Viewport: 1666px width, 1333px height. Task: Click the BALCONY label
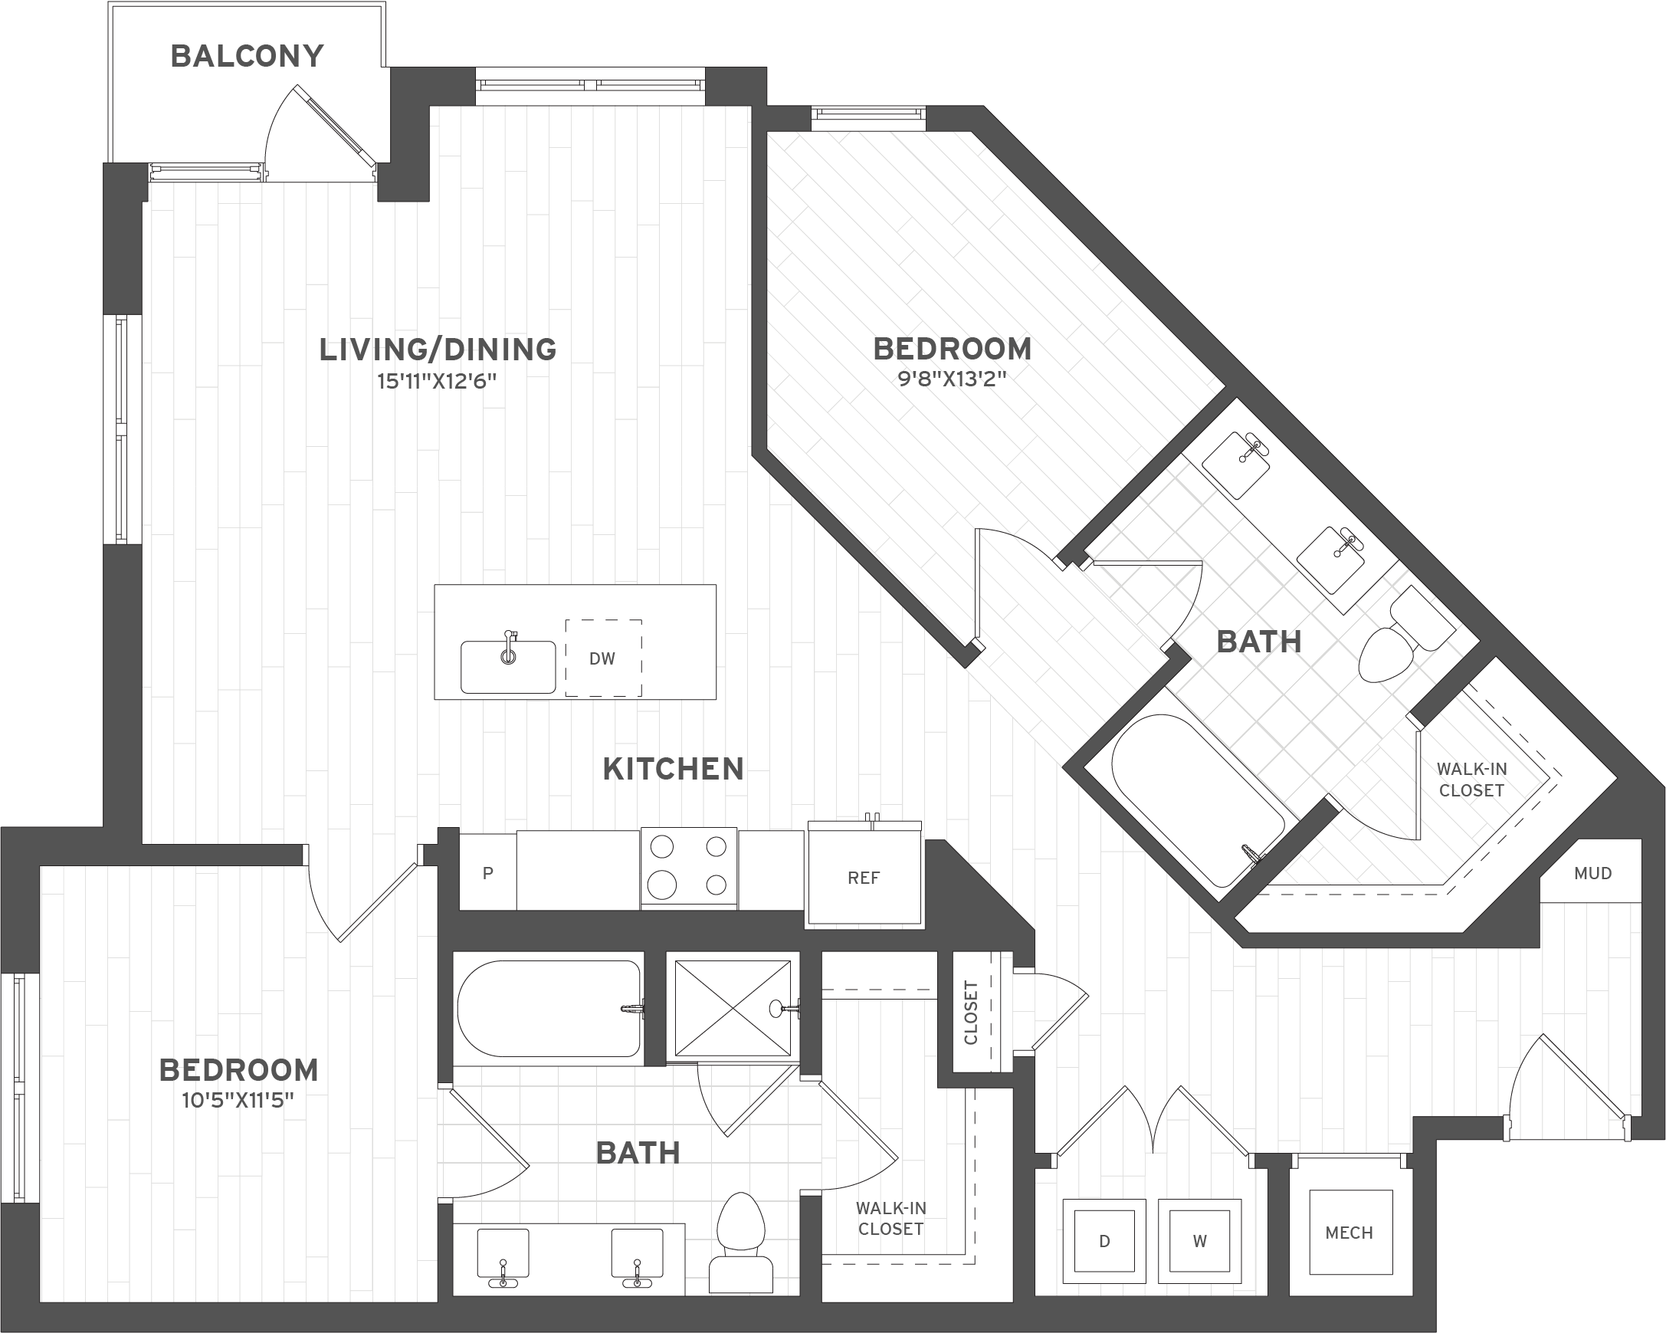[247, 57]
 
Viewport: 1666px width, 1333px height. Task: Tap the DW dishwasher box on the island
[603, 658]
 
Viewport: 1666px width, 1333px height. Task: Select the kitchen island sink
[507, 667]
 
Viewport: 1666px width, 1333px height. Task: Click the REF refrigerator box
[864, 878]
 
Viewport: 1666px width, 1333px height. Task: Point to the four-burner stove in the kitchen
[688, 866]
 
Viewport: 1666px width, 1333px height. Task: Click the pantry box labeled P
[487, 873]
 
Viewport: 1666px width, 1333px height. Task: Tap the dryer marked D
[1104, 1241]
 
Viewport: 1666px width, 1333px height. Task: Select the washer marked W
[1199, 1241]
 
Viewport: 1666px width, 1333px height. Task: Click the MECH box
[1350, 1233]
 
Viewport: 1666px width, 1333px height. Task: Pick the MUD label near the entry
[1592, 873]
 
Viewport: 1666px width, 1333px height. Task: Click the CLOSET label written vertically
[971, 1013]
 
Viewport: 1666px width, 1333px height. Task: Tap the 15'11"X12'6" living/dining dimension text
[438, 382]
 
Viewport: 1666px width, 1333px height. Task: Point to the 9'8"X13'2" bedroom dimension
[952, 379]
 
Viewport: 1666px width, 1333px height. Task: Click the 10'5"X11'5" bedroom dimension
[238, 1101]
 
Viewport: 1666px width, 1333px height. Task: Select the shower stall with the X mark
[733, 1008]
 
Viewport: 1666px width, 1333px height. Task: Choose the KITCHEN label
[673, 769]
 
